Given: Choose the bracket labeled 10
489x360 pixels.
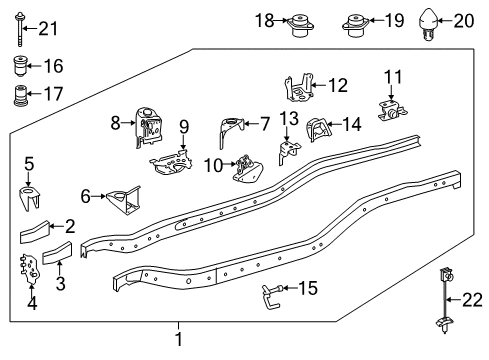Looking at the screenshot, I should [x=245, y=169].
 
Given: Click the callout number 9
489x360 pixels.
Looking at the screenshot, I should [x=184, y=126].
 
